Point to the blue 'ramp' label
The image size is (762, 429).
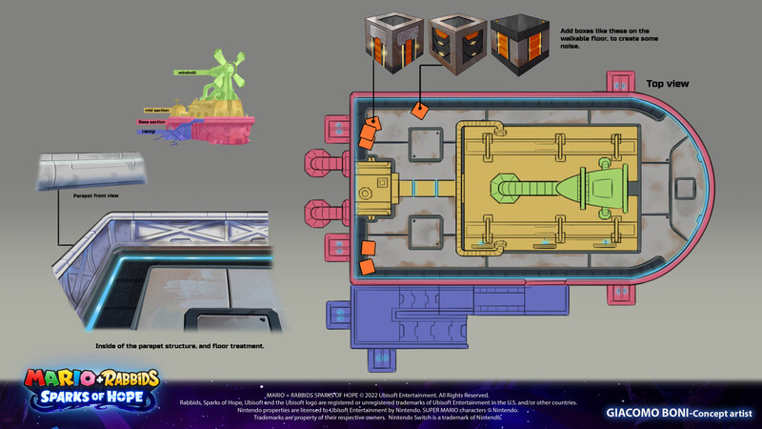(x=147, y=132)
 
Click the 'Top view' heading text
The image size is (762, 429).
(x=667, y=84)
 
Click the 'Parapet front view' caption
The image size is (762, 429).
(x=95, y=195)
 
